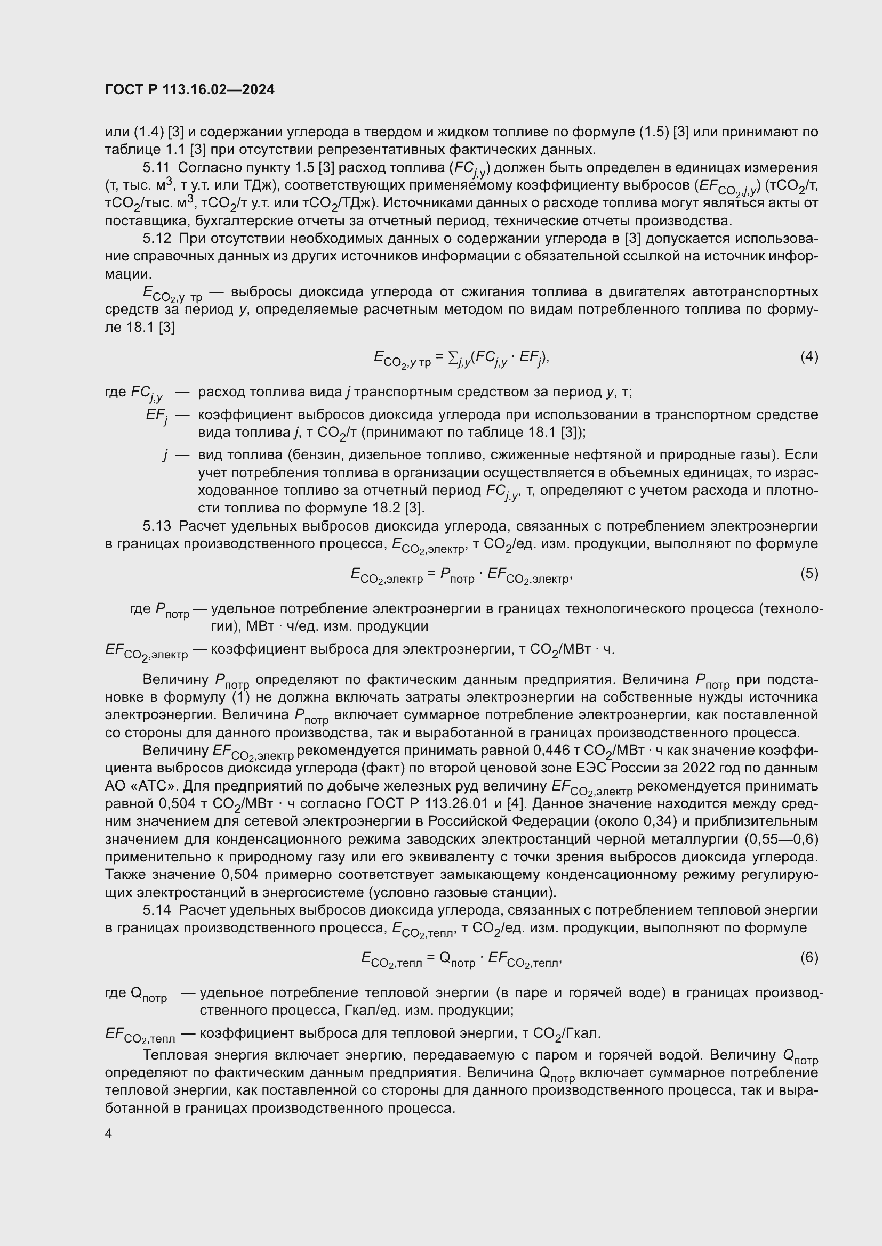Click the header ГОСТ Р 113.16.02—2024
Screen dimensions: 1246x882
189,90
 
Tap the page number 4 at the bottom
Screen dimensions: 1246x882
109,1134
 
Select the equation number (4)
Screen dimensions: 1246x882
809,356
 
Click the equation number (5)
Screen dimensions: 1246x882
809,573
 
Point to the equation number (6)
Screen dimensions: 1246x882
809,957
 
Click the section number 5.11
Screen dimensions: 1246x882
156,168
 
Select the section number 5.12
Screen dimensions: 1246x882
156,239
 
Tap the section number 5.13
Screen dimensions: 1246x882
156,526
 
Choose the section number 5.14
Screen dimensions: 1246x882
156,910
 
